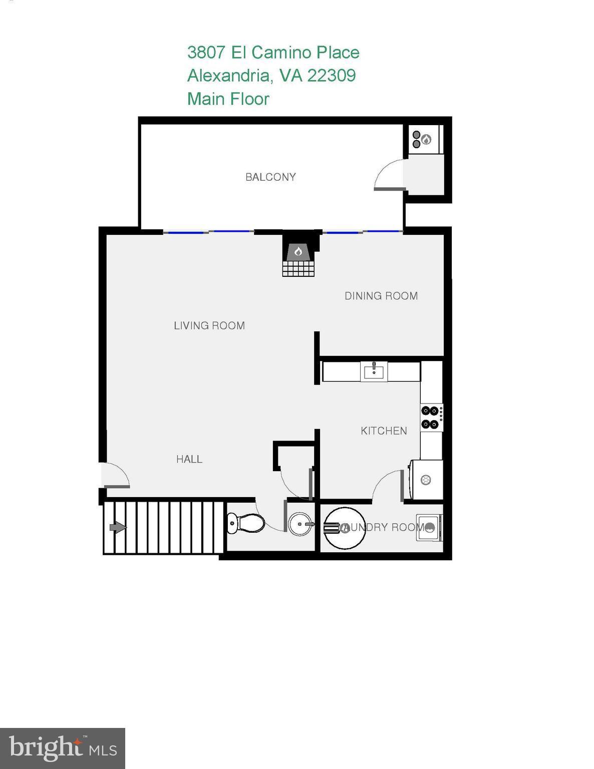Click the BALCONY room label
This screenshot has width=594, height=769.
pos(270,177)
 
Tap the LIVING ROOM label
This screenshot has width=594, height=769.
pos(209,325)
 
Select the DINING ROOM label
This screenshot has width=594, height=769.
pos(381,296)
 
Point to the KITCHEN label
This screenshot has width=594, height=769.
pos(384,431)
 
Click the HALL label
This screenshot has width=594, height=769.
pos(189,459)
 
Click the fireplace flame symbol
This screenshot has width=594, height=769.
pos(299,251)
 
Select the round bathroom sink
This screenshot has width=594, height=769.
pos(301,524)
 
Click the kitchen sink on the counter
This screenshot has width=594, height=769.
pos(374,371)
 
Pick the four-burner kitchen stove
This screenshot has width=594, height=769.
pos(431,418)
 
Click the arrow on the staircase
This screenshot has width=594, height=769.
pos(118,527)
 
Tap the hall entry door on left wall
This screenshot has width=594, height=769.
pos(115,476)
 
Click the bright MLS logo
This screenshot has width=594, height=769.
pos(62,748)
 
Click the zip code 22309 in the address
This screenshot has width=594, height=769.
pos(331,76)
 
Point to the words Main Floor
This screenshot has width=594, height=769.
pos(228,99)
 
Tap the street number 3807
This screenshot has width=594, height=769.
pos(206,53)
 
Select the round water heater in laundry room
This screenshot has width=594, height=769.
pos(345,528)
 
